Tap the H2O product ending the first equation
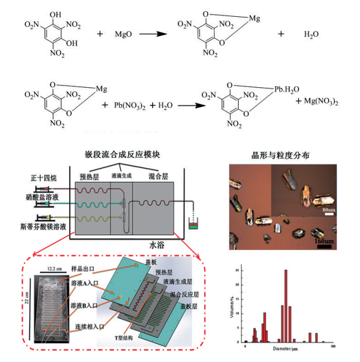(x=311, y=34)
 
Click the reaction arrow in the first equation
(x=154, y=34)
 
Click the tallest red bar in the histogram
(x=286, y=305)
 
